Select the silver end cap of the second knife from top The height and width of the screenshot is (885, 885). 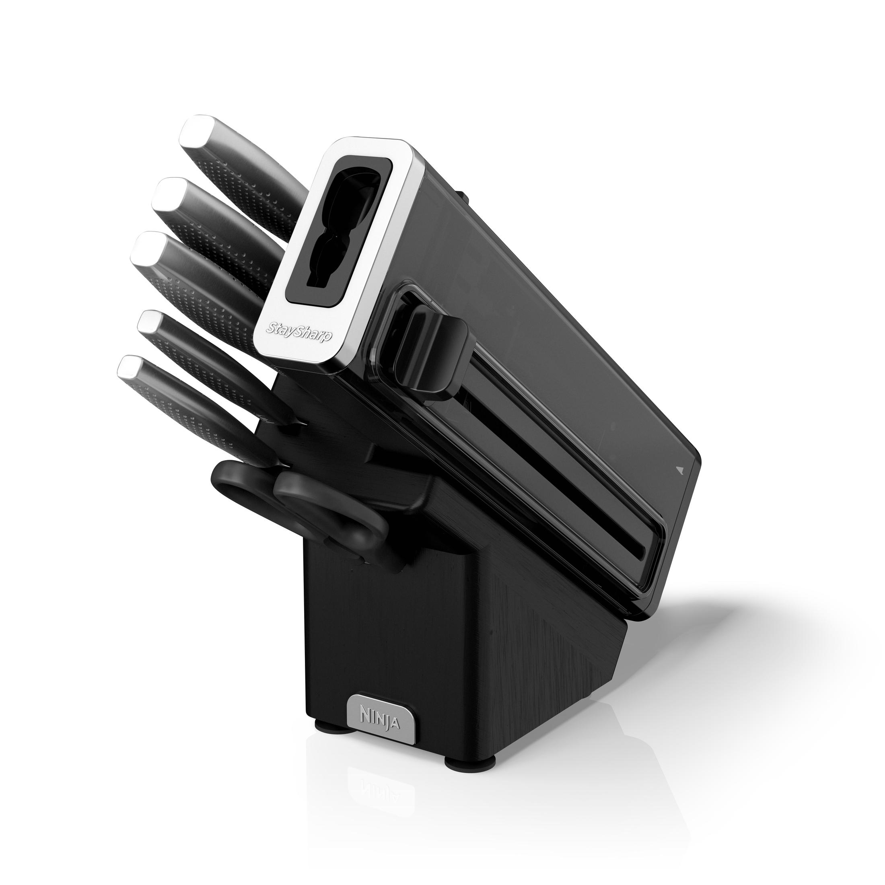tap(169, 192)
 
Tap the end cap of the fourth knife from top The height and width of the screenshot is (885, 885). tap(151, 321)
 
